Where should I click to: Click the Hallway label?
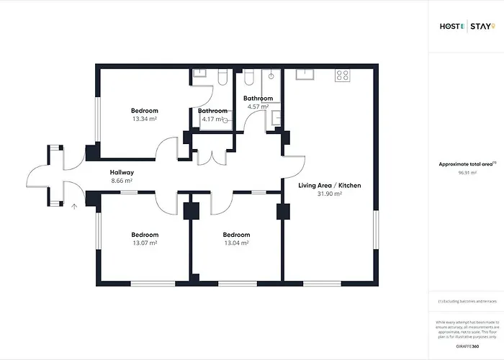click(x=122, y=173)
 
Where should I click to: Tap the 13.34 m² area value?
click(x=145, y=119)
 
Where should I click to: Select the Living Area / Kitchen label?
click(x=330, y=186)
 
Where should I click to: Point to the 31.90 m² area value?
click(x=330, y=194)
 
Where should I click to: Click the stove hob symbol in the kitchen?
click(x=341, y=74)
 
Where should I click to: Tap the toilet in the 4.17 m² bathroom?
click(x=222, y=76)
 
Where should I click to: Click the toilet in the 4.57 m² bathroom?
click(x=248, y=76)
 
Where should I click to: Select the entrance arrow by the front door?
click(x=74, y=207)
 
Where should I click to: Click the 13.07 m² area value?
click(x=145, y=243)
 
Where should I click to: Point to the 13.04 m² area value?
click(x=236, y=243)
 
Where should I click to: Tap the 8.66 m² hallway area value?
click(x=122, y=181)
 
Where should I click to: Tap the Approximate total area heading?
click(x=466, y=164)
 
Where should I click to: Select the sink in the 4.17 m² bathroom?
click(x=201, y=74)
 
